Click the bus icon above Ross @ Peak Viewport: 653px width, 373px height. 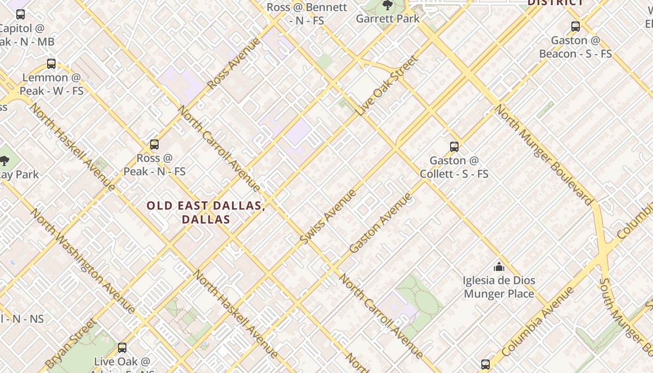pyautogui.click(x=154, y=145)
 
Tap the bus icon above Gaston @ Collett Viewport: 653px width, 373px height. pyautogui.click(x=454, y=147)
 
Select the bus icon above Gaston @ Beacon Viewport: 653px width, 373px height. pyautogui.click(x=576, y=27)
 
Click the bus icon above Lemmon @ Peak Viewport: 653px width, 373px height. pyautogui.click(x=51, y=64)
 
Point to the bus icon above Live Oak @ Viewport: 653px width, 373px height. pyautogui.click(x=122, y=347)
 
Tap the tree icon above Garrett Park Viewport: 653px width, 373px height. pyautogui.click(x=387, y=6)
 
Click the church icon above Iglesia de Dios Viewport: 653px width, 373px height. pyautogui.click(x=499, y=267)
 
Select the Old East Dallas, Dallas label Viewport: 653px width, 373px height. pyautogui.click(x=206, y=212)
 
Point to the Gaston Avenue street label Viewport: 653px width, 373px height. pyautogui.click(x=381, y=222)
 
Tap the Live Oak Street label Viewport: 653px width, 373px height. pyautogui.click(x=388, y=85)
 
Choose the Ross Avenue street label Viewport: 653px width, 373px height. pyautogui.click(x=234, y=63)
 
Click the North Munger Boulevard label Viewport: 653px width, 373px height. pyautogui.click(x=543, y=154)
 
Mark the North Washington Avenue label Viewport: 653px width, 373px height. pyautogui.click(x=83, y=260)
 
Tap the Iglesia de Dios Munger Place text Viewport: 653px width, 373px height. pyautogui.click(x=499, y=287)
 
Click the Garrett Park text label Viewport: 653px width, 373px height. pyautogui.click(x=388, y=19)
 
